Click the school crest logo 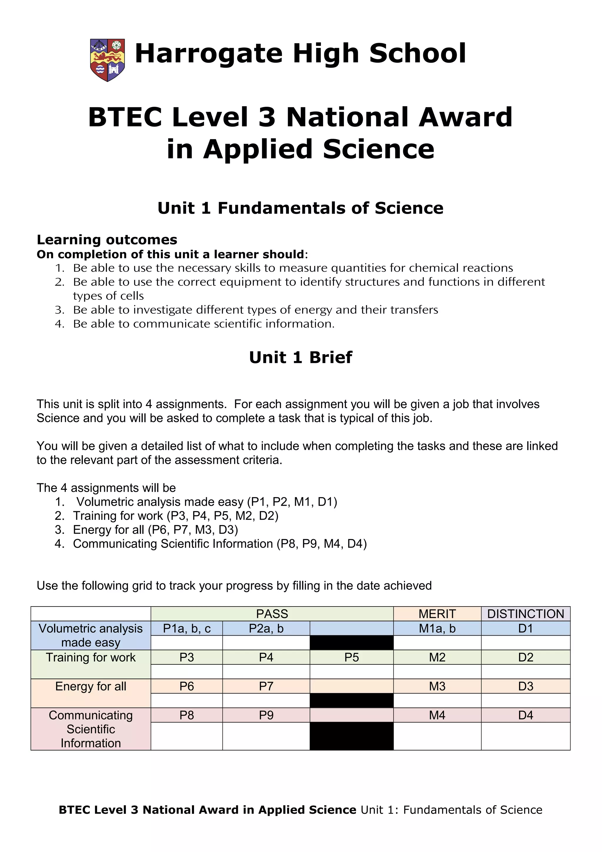108,60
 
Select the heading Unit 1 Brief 300,357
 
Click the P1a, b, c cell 187,628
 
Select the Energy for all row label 91,686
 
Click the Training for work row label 91,658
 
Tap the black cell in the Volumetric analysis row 351,642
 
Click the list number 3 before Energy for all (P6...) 59,529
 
